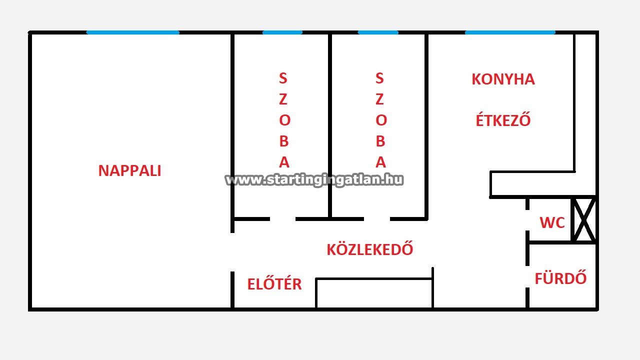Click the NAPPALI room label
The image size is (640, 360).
129,170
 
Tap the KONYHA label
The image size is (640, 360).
503,79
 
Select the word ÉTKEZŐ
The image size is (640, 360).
503,120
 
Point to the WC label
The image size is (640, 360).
552,223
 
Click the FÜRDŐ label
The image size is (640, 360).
560,278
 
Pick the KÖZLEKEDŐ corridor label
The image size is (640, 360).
370,249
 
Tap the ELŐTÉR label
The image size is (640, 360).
274,284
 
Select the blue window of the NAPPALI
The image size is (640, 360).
132,32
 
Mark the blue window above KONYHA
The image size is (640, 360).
510,32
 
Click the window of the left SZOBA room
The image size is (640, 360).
282,32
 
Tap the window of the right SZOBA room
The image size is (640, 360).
378,32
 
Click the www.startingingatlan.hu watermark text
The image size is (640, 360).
314,180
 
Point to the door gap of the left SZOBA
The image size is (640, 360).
282,219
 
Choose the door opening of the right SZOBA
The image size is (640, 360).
377,219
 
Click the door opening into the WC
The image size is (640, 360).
527,220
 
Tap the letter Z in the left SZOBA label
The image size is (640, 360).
283,99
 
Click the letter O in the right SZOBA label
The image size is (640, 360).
380,120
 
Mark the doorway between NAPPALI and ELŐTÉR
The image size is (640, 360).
232,252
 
